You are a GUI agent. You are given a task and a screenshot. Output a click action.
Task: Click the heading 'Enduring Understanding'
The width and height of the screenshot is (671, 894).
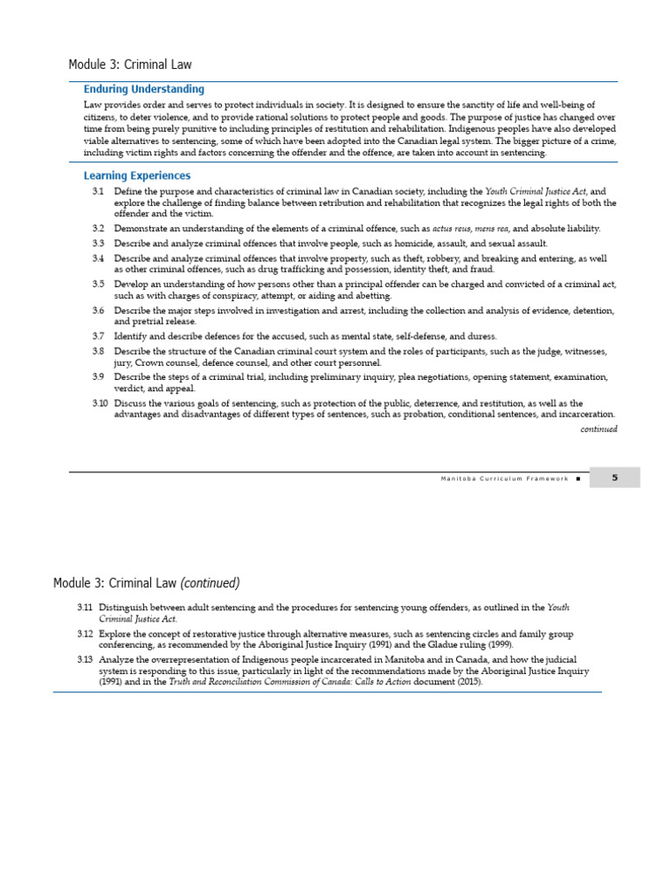coord(143,89)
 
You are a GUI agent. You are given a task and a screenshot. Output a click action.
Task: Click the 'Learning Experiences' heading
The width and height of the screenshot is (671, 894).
coord(136,175)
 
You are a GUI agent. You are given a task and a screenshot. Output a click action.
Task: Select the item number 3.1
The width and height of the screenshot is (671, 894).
coord(98,191)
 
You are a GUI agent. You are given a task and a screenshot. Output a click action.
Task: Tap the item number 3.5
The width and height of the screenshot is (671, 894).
coord(98,284)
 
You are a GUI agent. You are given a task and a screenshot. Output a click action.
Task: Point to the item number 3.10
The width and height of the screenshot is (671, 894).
coord(100,403)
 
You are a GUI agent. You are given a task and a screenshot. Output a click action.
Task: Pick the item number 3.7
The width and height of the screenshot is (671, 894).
coord(98,336)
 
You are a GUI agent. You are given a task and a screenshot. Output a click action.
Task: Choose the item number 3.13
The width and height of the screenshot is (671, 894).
coord(85,659)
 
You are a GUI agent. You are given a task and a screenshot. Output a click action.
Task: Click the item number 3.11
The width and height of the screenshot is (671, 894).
coord(85,607)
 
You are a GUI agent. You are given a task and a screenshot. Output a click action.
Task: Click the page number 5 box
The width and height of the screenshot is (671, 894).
coord(614,478)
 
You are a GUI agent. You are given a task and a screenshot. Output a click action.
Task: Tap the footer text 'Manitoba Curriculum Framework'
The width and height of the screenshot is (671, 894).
coord(504,478)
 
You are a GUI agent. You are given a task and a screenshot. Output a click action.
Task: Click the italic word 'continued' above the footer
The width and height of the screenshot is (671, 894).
coord(598,429)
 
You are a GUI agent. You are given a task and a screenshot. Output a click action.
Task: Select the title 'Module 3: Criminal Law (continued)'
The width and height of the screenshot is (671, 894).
coord(146,582)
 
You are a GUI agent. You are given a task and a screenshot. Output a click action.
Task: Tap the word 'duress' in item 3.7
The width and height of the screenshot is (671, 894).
coord(481,336)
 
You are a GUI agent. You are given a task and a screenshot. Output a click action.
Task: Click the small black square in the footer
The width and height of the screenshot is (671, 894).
coord(578,478)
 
